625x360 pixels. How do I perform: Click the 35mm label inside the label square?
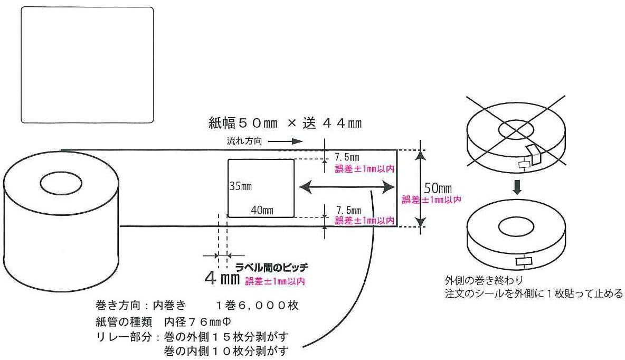(x=239, y=186)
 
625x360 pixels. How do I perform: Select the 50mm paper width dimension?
(x=438, y=188)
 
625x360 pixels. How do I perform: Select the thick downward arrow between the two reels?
(x=518, y=187)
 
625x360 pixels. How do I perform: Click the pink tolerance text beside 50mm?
(x=431, y=200)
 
